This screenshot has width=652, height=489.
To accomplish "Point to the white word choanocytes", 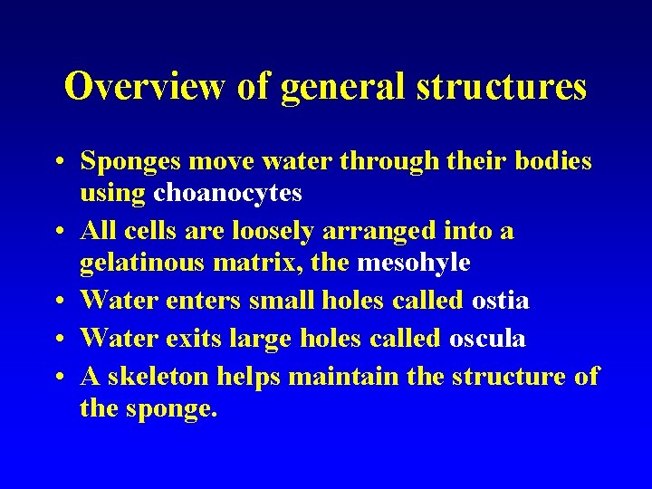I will point(227,193).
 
